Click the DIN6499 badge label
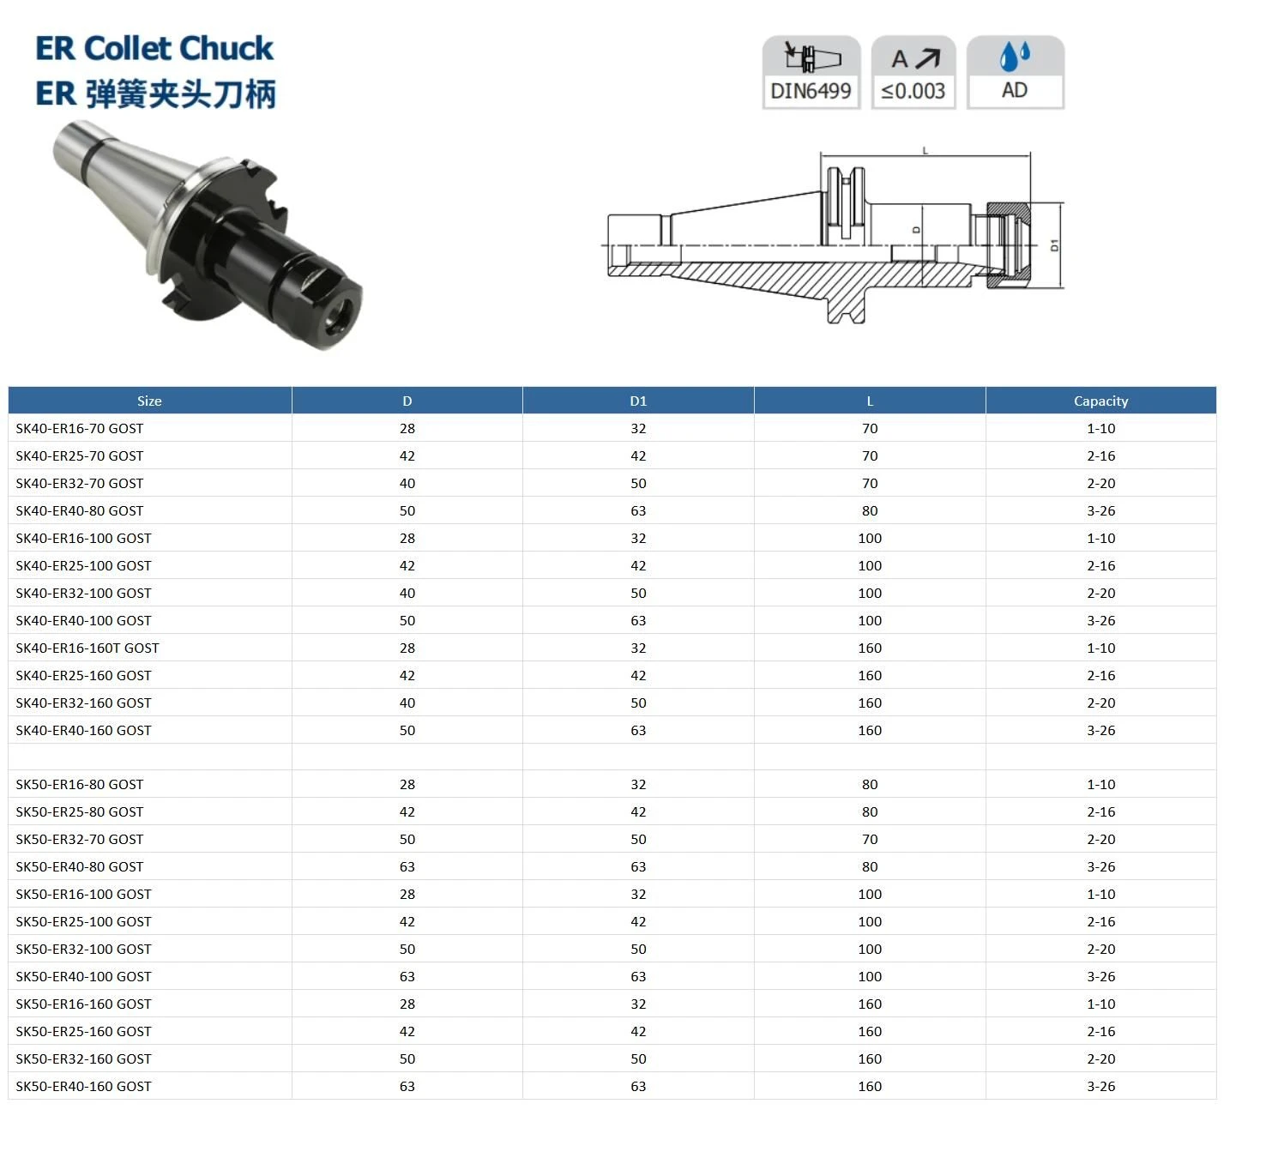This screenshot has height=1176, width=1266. coord(811,91)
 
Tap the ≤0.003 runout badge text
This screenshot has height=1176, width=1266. coord(913,91)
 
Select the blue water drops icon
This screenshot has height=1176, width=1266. coord(1014,56)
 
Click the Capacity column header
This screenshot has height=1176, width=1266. coord(1101,401)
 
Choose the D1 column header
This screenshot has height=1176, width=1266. coord(638,401)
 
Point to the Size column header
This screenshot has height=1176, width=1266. coord(149,401)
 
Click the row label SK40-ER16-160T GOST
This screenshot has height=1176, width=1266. coord(87,648)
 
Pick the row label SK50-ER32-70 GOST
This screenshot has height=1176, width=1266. coord(80,839)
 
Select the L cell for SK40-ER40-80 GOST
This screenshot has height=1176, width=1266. coord(870,511)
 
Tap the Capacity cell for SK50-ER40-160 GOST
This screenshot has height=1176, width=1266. coord(1101,1086)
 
